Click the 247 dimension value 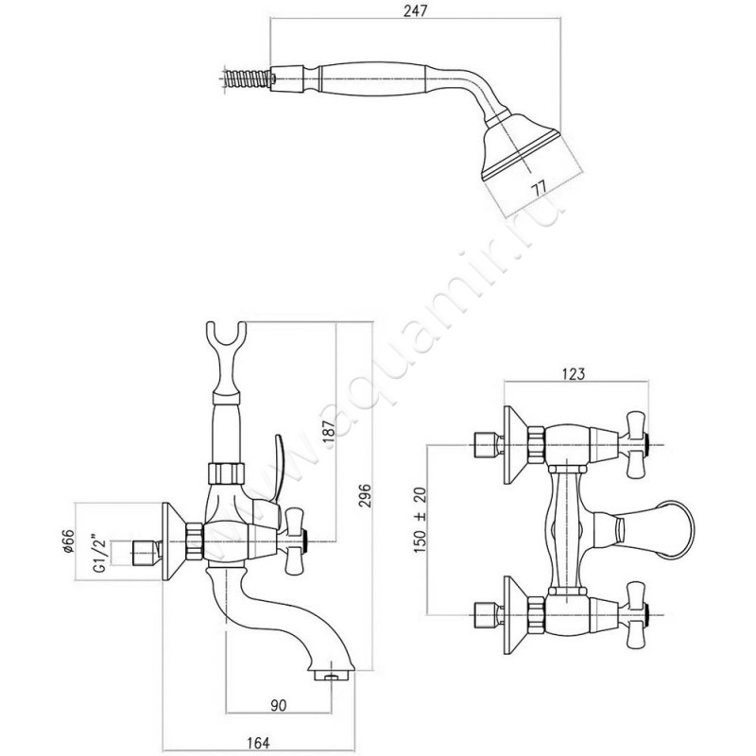[416, 10]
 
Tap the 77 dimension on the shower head [540, 187]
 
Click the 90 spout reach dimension [278, 706]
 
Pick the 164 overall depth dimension [258, 743]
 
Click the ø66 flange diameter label [68, 541]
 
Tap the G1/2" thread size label [100, 553]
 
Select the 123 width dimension [573, 374]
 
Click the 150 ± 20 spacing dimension [420, 520]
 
